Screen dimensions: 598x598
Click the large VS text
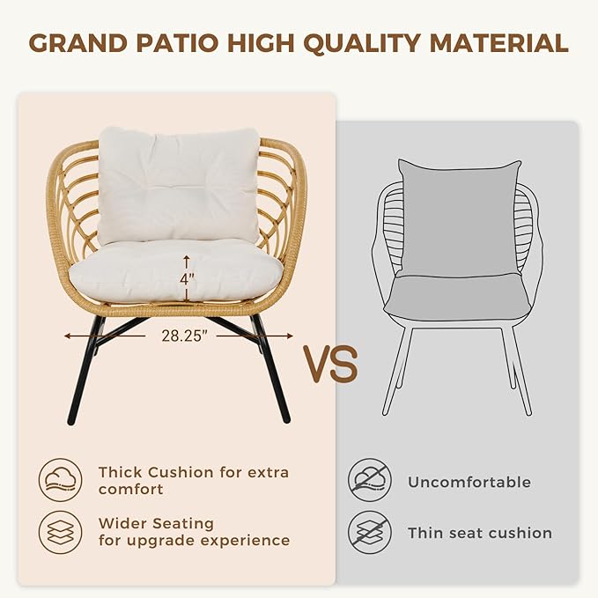pos(330,363)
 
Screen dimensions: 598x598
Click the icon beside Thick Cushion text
pos(61,480)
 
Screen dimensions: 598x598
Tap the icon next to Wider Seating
pos(61,531)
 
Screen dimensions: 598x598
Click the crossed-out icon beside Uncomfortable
pos(369,482)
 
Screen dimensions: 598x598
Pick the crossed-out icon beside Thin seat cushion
pos(369,532)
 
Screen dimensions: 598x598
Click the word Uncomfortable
pos(469,482)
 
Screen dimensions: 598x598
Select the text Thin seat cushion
pos(479,533)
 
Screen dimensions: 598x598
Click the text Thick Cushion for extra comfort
pos(193,480)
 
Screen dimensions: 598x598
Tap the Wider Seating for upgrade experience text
pos(194,531)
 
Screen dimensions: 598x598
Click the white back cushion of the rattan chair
pos(179,185)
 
